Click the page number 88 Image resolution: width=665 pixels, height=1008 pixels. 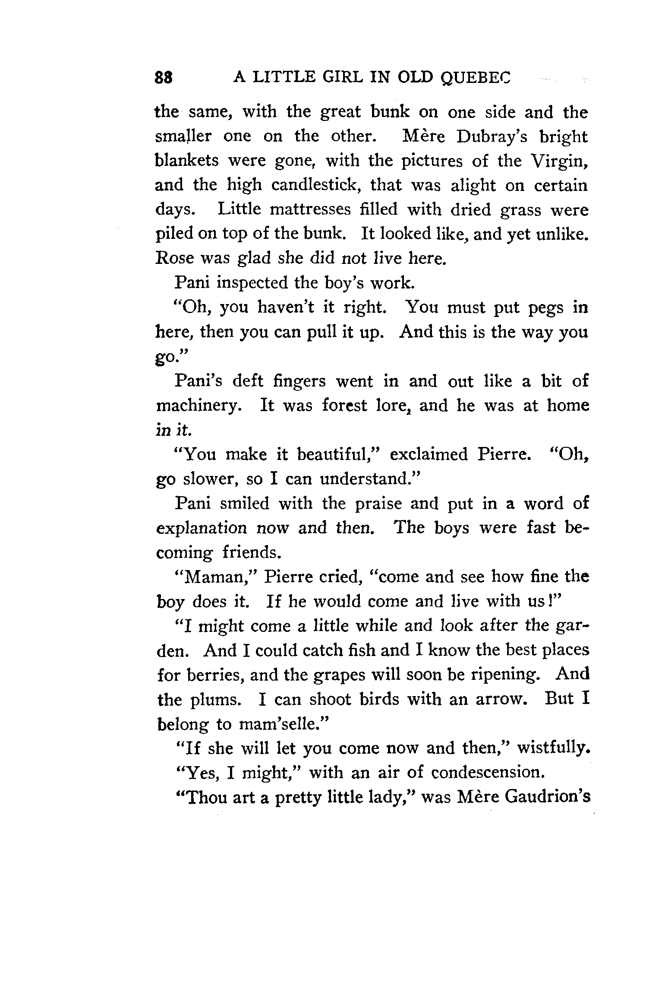pos(164,77)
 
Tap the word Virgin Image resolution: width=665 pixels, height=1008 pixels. pos(558,161)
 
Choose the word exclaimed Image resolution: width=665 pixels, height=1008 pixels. pos(429,455)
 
